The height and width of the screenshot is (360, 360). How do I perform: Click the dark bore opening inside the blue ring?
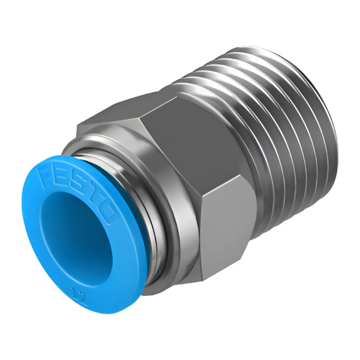pyautogui.click(x=72, y=234)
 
